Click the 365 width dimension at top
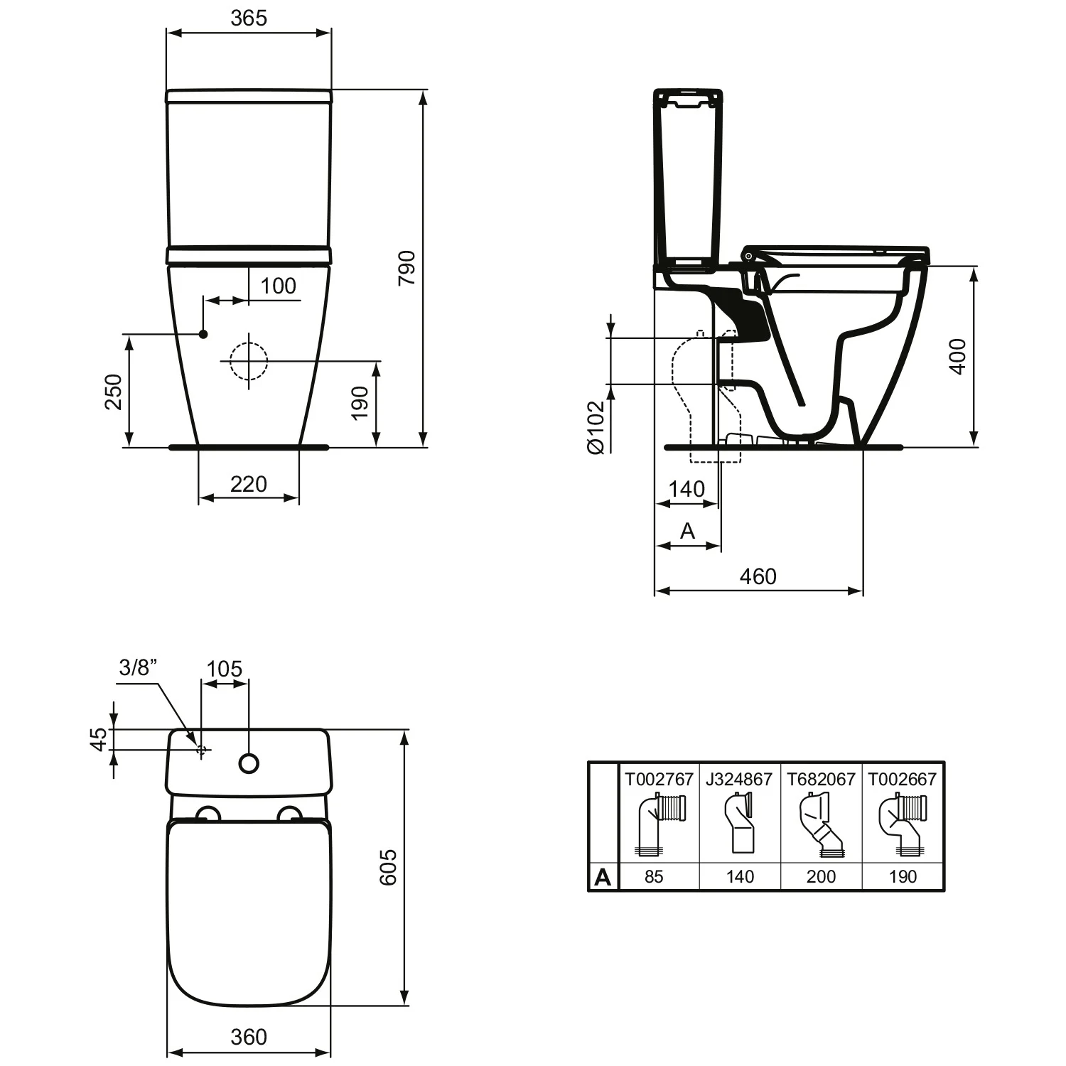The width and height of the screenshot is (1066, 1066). pyautogui.click(x=248, y=18)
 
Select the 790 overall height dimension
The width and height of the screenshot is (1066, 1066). pyautogui.click(x=406, y=268)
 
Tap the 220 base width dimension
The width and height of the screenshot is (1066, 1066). pyautogui.click(x=248, y=484)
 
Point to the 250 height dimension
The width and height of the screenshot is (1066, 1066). pyautogui.click(x=114, y=392)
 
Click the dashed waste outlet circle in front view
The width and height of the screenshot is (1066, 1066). pyautogui.click(x=248, y=360)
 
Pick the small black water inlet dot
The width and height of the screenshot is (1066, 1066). pyautogui.click(x=203, y=333)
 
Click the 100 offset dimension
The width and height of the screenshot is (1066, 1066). pyautogui.click(x=278, y=286)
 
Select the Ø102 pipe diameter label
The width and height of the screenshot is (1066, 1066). pyautogui.click(x=595, y=427)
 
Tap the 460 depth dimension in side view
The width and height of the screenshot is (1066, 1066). pyautogui.click(x=758, y=576)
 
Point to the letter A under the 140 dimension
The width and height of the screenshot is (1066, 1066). pyautogui.click(x=687, y=531)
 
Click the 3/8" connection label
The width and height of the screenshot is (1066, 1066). pyautogui.click(x=137, y=667)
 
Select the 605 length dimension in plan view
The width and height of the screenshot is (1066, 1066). pyautogui.click(x=388, y=867)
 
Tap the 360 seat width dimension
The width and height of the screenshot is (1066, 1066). pyautogui.click(x=248, y=1037)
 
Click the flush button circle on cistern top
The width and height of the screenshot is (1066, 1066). pyautogui.click(x=249, y=763)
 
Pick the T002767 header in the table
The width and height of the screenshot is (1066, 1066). pyautogui.click(x=659, y=779)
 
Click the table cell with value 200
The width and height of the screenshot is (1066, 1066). pyautogui.click(x=821, y=876)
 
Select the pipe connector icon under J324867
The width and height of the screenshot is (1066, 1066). pyautogui.click(x=739, y=824)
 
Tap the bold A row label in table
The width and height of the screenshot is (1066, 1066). pyautogui.click(x=603, y=877)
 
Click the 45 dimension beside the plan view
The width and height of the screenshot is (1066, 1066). pyautogui.click(x=99, y=739)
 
